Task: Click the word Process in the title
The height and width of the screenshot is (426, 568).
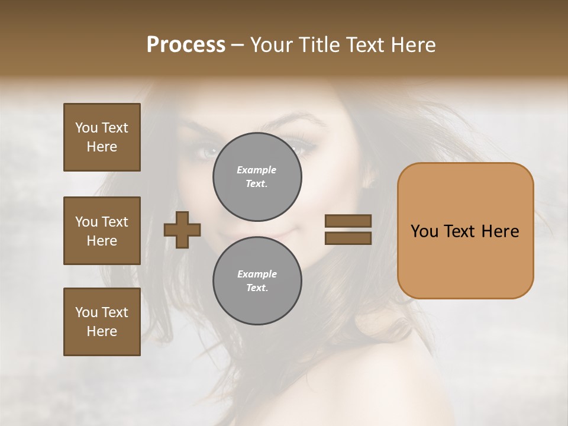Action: (x=186, y=45)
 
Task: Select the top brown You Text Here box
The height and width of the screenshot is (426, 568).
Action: (x=102, y=137)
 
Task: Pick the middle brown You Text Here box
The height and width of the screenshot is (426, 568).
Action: (x=102, y=231)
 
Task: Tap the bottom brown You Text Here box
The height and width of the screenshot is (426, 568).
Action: (x=102, y=322)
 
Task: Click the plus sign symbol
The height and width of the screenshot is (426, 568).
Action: (x=182, y=230)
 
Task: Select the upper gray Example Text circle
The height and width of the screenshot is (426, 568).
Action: (x=257, y=176)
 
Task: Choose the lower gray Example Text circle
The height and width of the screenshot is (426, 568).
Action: (x=257, y=280)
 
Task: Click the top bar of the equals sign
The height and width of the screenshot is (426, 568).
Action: (x=348, y=221)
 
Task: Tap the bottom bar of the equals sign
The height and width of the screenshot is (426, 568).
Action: (x=348, y=238)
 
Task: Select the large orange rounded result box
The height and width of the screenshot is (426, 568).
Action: (x=465, y=231)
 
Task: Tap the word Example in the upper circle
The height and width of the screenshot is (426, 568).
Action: (x=257, y=170)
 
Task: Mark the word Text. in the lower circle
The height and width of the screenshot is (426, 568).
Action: (x=257, y=288)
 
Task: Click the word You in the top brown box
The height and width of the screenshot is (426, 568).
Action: (x=86, y=128)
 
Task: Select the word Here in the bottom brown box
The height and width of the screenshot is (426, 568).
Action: (x=102, y=331)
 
